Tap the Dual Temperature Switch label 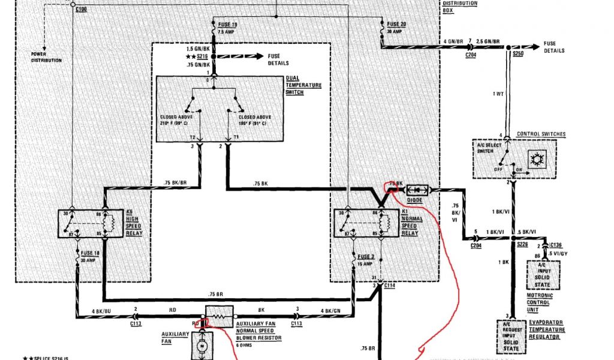click(x=303, y=85)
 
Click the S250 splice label click(x=518, y=54)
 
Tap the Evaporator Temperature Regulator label click(x=546, y=329)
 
